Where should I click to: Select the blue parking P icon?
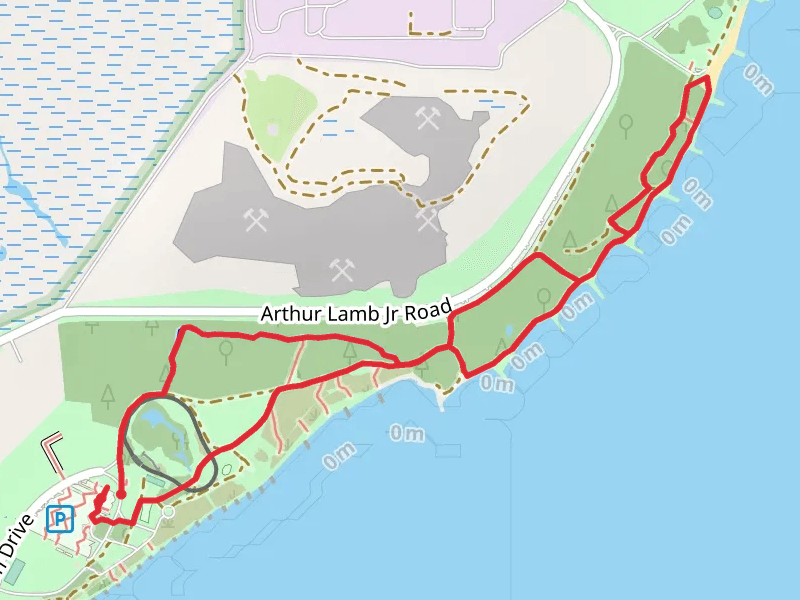(60, 519)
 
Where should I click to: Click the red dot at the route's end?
(121, 493)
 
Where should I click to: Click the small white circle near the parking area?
(169, 513)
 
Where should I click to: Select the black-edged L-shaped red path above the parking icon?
(52, 443)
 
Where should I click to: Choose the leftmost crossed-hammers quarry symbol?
(253, 219)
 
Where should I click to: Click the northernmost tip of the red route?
(706, 77)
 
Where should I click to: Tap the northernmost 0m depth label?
(757, 83)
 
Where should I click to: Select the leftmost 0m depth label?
(339, 452)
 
